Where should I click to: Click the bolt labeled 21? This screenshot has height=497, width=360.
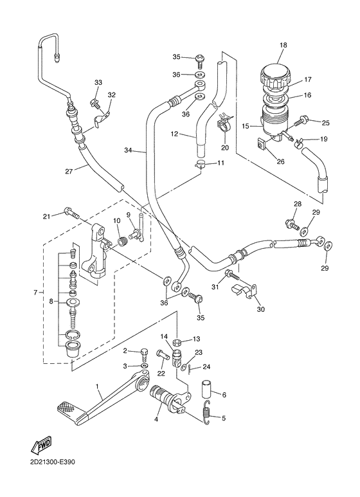(x=71, y=213)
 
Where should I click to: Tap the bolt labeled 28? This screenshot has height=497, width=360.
(x=290, y=224)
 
